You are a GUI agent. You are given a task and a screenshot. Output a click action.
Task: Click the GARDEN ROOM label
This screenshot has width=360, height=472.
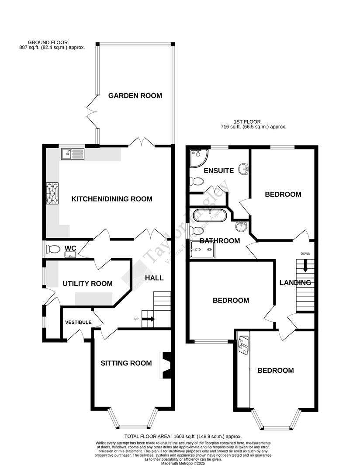135,96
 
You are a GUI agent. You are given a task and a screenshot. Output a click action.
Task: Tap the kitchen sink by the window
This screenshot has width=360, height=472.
73,153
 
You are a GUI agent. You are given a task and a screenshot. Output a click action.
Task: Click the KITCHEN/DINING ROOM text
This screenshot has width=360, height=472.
112,199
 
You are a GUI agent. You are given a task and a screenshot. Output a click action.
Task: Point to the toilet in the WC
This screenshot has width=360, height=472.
53,250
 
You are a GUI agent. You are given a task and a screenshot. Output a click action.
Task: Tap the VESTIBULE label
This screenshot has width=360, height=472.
78,323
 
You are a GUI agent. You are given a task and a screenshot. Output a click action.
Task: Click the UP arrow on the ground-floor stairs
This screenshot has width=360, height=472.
148,319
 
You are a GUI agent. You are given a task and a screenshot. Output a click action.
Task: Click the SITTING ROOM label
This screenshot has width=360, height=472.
126,363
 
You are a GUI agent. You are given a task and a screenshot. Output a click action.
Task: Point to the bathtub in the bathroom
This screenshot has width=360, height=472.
209,215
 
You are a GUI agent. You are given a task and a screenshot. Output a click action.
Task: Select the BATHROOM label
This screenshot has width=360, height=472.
219,241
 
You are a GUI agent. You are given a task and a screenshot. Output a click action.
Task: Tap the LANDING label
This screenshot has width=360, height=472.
295,283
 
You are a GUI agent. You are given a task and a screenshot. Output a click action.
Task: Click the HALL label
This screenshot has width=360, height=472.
154,278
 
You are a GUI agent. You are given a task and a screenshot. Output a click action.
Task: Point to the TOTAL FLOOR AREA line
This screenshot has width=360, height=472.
183,437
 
